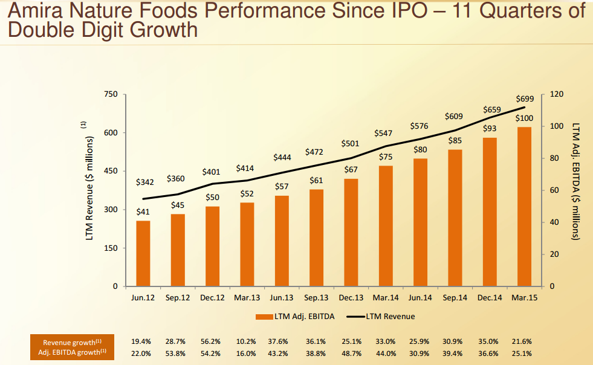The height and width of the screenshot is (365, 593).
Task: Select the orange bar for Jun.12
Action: point(143,253)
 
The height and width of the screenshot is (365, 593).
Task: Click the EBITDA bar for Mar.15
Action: point(524,206)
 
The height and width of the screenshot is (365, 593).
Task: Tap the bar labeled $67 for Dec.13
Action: point(351,232)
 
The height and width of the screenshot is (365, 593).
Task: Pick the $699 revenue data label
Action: point(524,99)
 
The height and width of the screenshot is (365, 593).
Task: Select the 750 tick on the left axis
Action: point(110,95)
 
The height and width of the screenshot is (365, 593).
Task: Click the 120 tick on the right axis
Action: point(557,95)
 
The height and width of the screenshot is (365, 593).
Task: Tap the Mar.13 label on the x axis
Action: point(247,297)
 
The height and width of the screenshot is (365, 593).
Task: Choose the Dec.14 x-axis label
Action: point(489,297)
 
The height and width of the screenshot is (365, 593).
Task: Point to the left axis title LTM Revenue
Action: point(89,187)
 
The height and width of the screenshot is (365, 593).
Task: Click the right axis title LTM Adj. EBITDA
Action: point(575,181)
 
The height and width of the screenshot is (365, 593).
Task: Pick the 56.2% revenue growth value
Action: point(212,342)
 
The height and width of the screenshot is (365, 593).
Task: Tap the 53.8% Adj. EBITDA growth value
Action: point(177,353)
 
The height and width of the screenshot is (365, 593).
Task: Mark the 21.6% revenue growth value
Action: point(523,342)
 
